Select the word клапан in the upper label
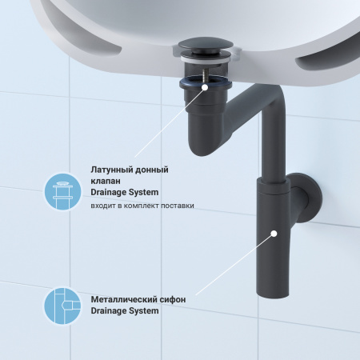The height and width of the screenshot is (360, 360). (x=106, y=182)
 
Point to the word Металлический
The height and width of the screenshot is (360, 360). (x=122, y=299)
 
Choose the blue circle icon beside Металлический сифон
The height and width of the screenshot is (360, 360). (x=62, y=306)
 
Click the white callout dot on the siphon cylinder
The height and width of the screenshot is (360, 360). (x=274, y=234)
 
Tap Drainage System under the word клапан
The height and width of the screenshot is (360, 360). (x=124, y=193)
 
